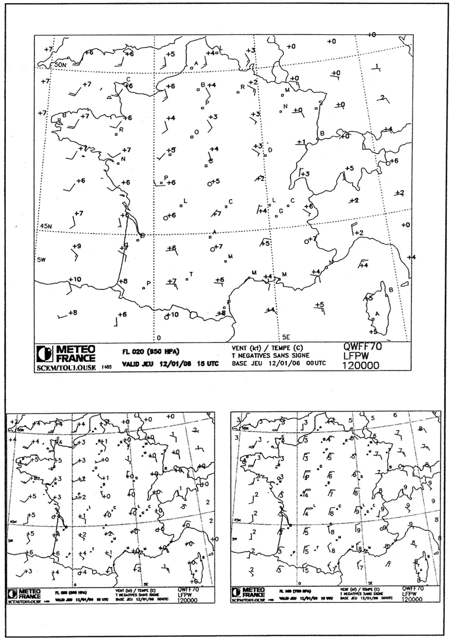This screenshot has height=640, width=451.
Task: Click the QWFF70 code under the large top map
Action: [360, 346]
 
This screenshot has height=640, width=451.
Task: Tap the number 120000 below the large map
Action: [360, 366]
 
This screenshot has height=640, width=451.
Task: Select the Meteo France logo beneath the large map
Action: [67, 353]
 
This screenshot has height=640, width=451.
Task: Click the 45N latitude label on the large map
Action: [46, 227]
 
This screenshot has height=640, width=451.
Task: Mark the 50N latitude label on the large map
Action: [60, 65]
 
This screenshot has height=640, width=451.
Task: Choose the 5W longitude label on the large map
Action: [42, 260]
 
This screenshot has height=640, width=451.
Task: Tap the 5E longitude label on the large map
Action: [286, 337]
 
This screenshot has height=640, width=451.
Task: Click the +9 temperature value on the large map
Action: [76, 246]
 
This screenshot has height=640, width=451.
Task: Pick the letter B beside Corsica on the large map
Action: [391, 290]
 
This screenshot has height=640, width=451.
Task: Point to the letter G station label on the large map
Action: [281, 210]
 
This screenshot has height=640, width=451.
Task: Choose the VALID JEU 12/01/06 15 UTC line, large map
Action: [170, 364]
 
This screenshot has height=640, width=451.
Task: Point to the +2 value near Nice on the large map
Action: [359, 233]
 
